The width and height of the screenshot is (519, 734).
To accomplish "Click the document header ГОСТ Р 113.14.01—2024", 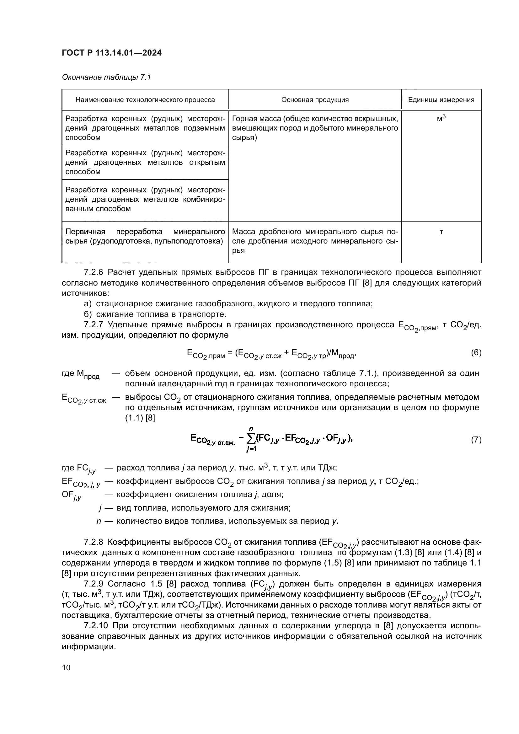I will tap(111, 53).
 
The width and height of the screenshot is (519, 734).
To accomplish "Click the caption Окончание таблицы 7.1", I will tap(106, 77).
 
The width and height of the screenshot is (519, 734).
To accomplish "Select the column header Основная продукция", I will tap(315, 100).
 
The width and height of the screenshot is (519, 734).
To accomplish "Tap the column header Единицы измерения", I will tap(441, 100).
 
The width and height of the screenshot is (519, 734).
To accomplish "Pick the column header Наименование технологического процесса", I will tap(145, 100).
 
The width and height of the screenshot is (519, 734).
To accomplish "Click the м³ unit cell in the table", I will tap(441, 119).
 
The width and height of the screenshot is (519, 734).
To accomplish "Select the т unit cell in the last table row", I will tap(441, 232).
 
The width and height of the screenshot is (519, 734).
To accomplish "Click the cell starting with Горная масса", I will tap(315, 128).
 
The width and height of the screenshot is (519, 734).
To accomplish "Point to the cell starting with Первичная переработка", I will tap(145, 236).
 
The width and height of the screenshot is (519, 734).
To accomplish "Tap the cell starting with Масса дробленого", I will tap(315, 241).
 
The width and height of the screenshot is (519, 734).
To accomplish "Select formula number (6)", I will tap(476, 353).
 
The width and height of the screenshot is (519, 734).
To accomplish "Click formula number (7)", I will tap(476, 440).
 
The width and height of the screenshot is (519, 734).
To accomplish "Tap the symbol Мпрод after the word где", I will tap(88, 374).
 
